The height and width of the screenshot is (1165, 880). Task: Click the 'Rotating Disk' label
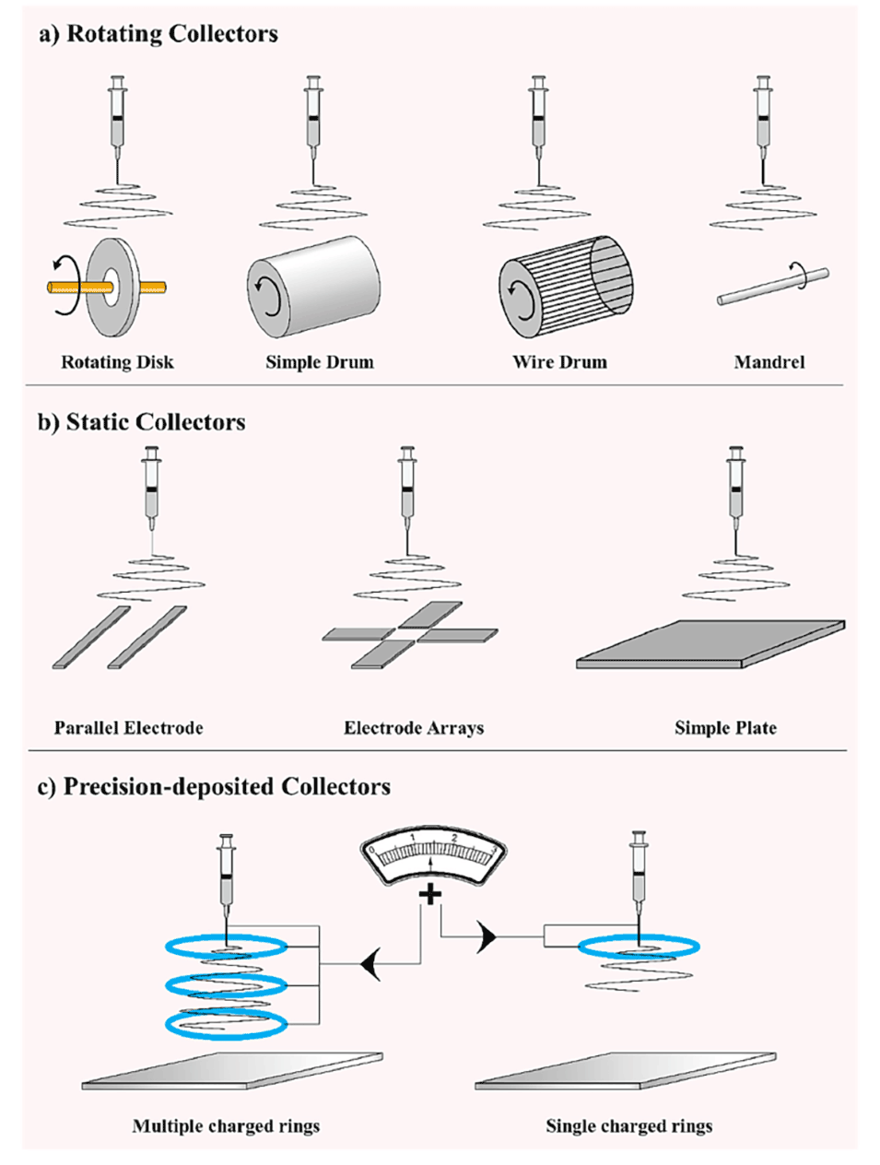(117, 362)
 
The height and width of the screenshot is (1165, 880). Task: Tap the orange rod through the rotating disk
(65, 288)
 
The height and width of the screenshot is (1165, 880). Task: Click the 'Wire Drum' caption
(559, 362)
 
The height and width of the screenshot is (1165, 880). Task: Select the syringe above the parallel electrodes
(151, 488)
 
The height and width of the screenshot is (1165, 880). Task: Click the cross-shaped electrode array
(411, 635)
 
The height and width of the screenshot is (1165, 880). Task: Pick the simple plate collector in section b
(710, 643)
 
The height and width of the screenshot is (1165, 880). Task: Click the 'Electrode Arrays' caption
(414, 728)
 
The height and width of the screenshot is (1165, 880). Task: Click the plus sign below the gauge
(430, 894)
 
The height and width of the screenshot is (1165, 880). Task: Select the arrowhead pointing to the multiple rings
(370, 965)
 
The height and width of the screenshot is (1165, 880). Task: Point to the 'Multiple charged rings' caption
(226, 1126)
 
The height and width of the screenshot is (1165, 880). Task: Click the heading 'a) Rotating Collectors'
(158, 35)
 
